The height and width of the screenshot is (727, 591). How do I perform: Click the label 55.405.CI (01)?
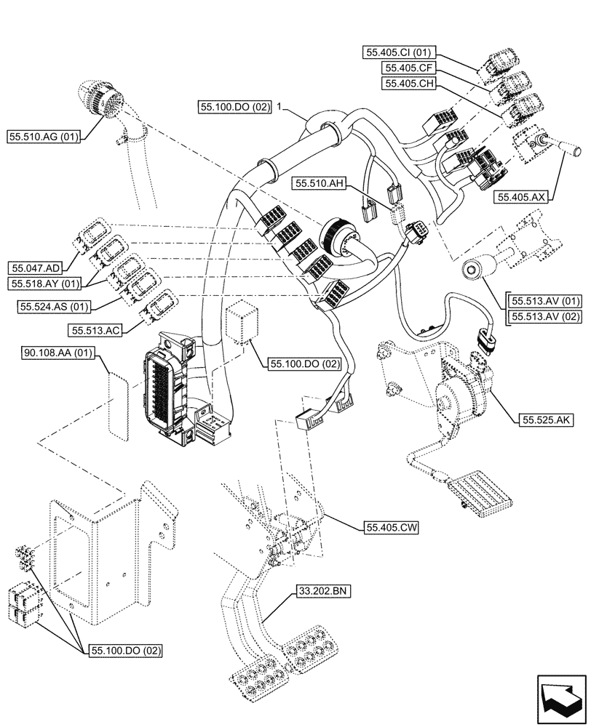[x=400, y=52]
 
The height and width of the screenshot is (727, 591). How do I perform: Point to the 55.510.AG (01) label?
[x=43, y=135]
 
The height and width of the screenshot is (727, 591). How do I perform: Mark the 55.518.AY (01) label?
[x=43, y=282]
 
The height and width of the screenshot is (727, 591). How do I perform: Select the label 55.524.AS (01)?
[x=49, y=305]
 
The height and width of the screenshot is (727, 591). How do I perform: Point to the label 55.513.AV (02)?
[x=545, y=316]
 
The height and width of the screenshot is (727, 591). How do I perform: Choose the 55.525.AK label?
[x=545, y=419]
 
